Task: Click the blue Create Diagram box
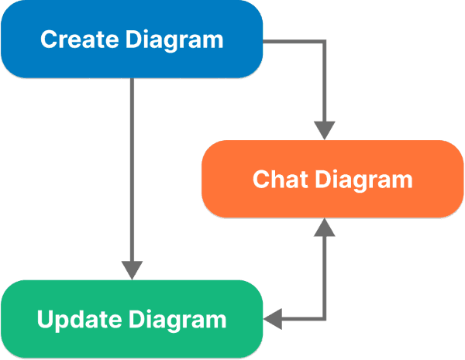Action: pos(131,39)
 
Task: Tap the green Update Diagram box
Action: pos(132,319)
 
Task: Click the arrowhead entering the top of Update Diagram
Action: pos(133,269)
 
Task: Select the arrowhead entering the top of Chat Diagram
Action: pos(325,129)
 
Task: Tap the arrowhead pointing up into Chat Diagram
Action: pos(325,229)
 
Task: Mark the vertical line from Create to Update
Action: pos(133,170)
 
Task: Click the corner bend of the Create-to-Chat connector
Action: pos(325,41)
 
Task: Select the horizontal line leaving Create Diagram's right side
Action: pos(294,41)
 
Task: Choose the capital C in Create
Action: pos(48,39)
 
